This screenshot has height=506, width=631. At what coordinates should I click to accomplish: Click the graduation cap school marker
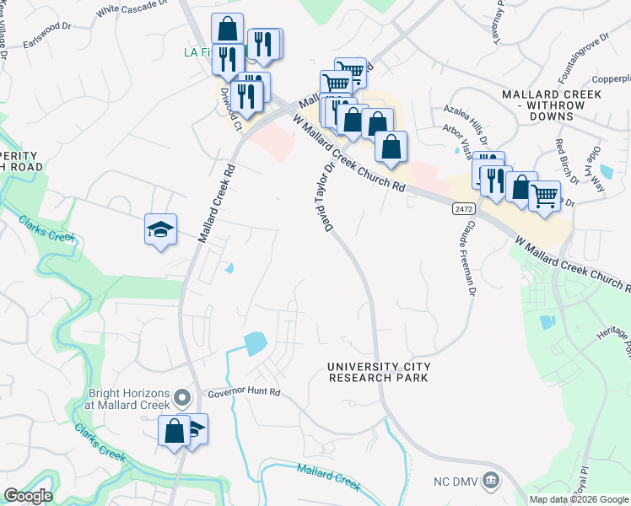[160, 230]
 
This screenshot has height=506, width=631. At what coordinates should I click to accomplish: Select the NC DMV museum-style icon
[493, 480]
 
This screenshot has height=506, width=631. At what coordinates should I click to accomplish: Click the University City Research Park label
[379, 372]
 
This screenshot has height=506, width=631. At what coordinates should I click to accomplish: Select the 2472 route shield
[464, 207]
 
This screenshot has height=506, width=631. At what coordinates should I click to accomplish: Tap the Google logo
[29, 496]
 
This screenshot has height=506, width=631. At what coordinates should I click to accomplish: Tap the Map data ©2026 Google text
[577, 499]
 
